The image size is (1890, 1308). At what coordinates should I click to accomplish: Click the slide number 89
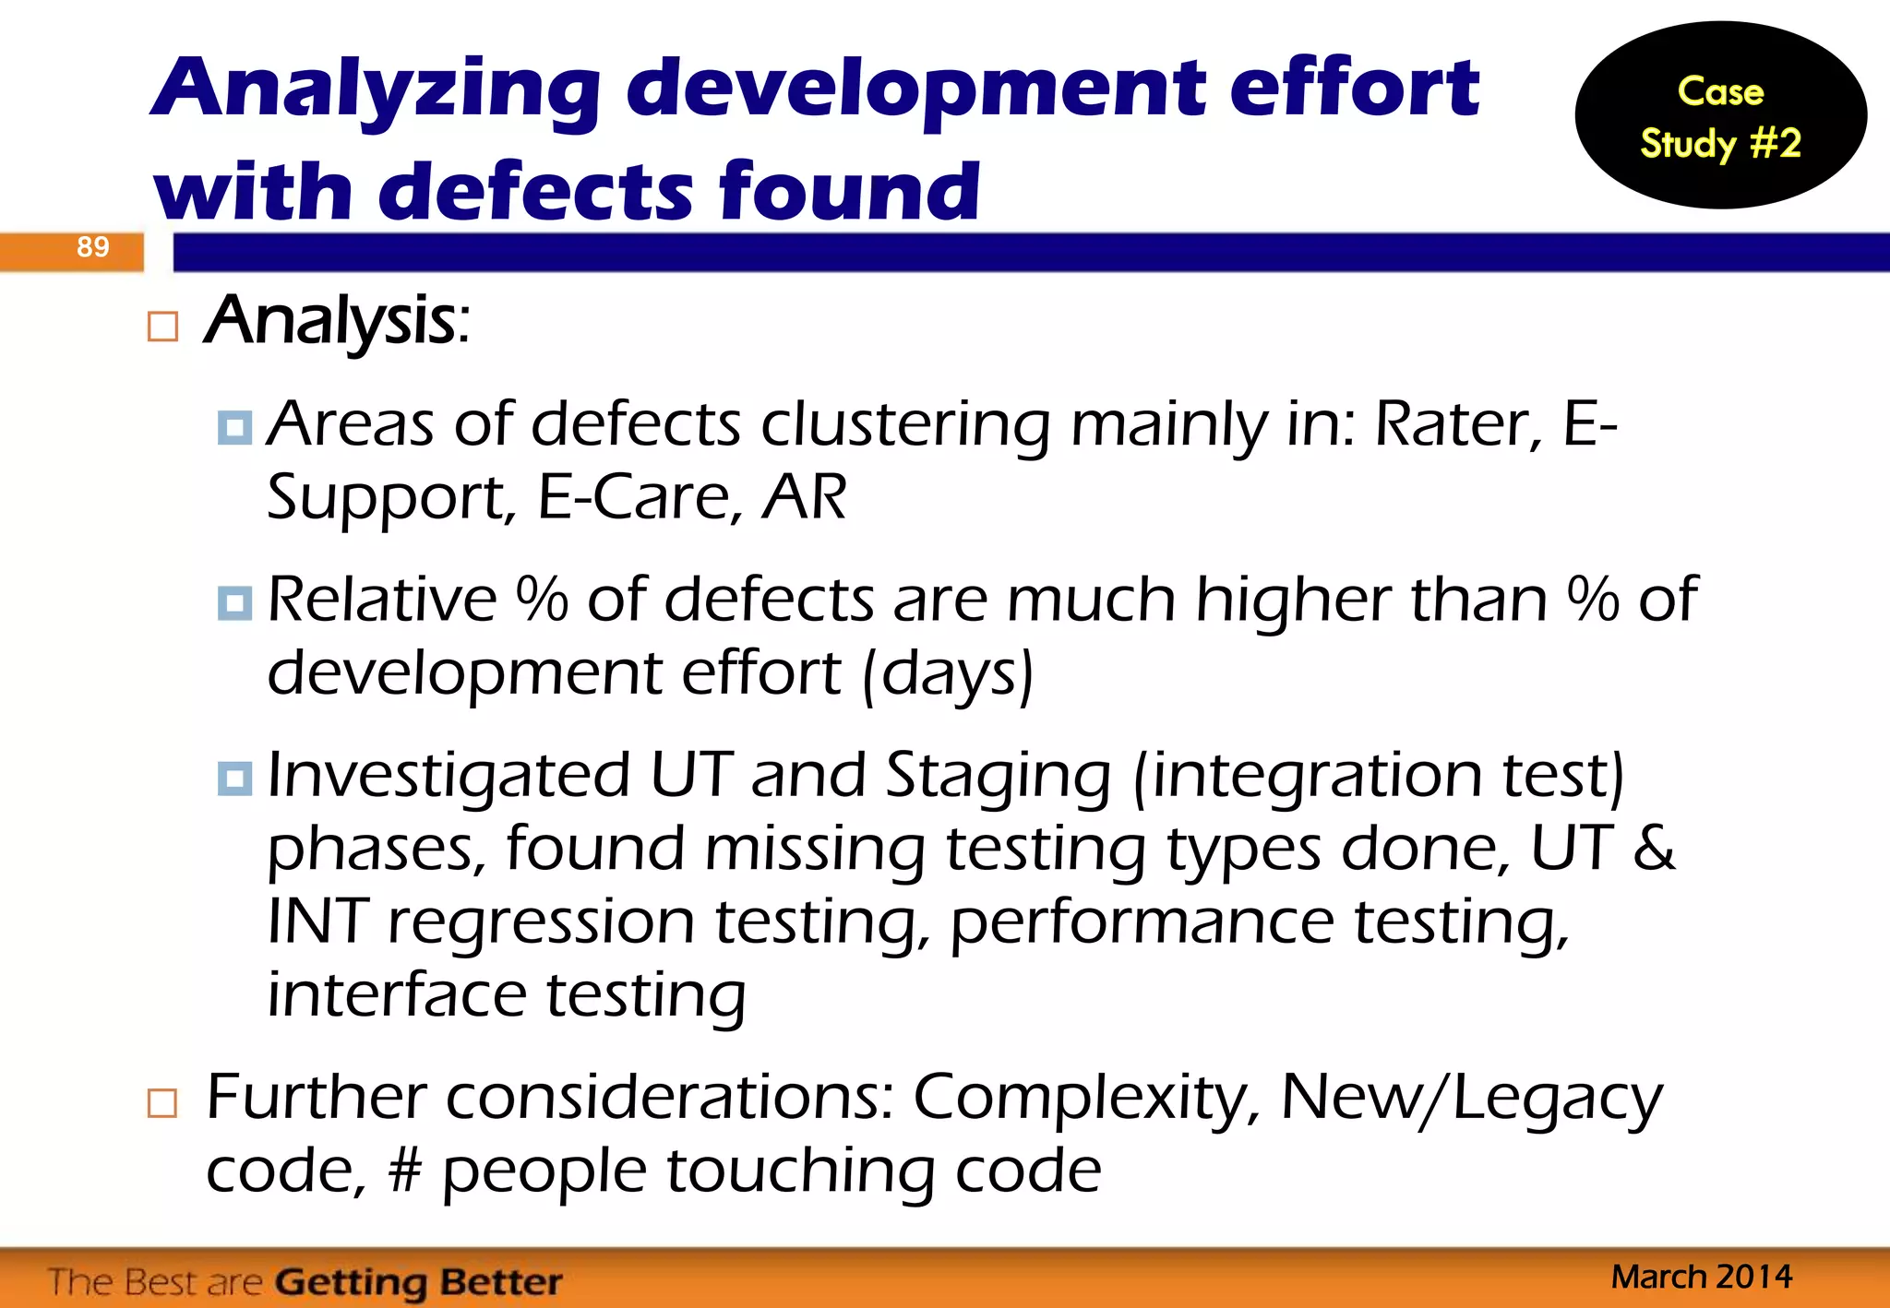click(92, 247)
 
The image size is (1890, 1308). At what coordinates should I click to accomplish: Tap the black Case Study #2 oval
click(1720, 116)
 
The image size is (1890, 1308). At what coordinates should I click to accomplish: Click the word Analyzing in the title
click(378, 90)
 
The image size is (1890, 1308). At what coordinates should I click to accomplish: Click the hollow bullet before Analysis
click(162, 327)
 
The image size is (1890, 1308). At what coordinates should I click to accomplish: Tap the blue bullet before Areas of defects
click(234, 427)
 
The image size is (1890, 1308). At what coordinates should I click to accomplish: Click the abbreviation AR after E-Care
click(804, 498)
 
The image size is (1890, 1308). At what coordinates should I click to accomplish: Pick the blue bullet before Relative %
click(234, 602)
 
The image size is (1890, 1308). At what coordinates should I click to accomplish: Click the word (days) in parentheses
click(947, 673)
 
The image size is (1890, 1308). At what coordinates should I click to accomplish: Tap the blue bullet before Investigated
click(234, 778)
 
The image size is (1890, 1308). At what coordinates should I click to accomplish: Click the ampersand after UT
click(1653, 849)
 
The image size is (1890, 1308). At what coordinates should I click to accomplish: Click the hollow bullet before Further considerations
click(162, 1102)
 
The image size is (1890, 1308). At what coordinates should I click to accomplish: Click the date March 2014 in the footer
click(1701, 1277)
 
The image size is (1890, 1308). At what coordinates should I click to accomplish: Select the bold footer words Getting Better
click(418, 1282)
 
